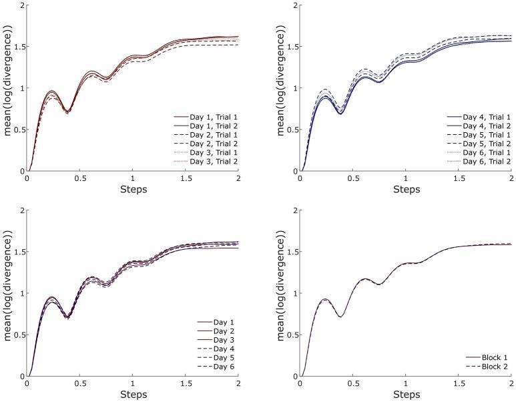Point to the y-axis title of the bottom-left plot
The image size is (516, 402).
pyautogui.click(x=6, y=293)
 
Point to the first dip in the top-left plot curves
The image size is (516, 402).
pyautogui.click(x=67, y=112)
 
